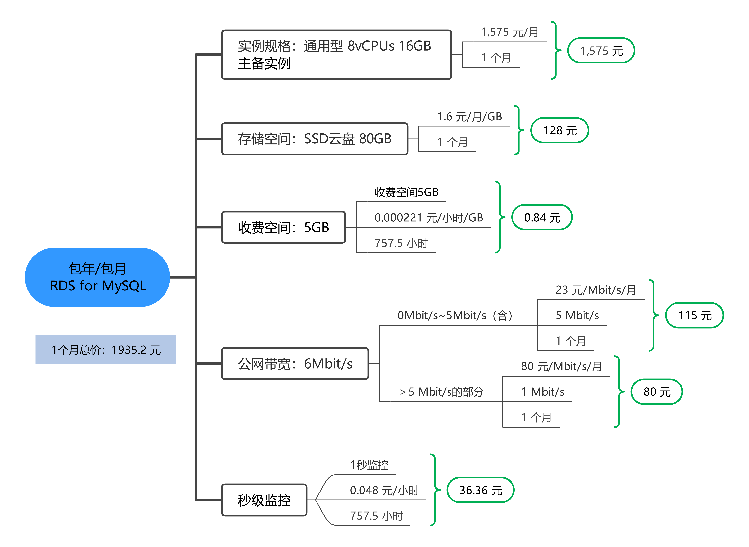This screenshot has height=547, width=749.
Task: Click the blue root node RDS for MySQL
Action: (x=97, y=277)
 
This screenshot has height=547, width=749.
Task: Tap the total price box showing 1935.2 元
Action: (x=106, y=350)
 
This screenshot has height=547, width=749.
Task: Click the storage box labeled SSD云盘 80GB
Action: (x=315, y=139)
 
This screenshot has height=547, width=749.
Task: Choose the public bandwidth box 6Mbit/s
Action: (x=295, y=364)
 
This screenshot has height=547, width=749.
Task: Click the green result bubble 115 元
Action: (x=695, y=315)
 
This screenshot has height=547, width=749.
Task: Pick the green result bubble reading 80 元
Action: (x=656, y=392)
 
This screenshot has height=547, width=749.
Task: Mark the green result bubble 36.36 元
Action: (x=481, y=490)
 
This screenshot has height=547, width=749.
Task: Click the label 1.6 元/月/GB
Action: (x=469, y=117)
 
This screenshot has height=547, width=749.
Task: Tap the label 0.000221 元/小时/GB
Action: (x=429, y=218)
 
